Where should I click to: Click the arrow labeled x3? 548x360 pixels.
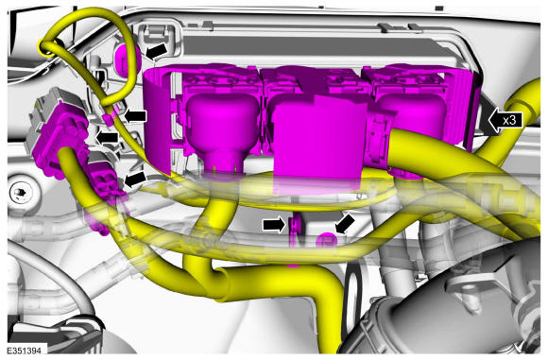505,121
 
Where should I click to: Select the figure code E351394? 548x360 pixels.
24,351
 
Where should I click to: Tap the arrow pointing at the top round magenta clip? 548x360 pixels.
156,51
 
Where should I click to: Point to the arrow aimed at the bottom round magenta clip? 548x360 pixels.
345,223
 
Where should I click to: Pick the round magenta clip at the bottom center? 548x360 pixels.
326,240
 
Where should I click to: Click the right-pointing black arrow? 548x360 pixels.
274,225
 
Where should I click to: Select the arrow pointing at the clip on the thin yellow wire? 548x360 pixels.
135,116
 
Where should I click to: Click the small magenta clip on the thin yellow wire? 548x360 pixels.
109,119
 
